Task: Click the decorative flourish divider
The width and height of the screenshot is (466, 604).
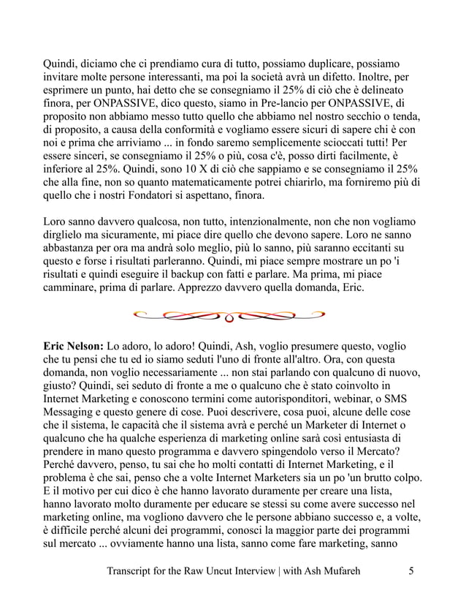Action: (x=229, y=316)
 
